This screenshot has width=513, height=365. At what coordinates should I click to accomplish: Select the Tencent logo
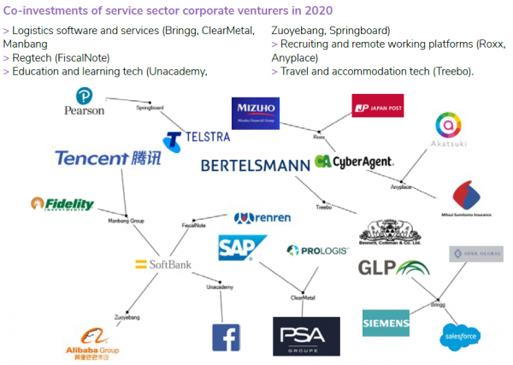[106, 158]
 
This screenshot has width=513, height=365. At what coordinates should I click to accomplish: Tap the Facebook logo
[226, 337]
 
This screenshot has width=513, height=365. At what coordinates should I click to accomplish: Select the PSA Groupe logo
[305, 336]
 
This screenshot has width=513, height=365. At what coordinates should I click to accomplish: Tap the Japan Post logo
[377, 106]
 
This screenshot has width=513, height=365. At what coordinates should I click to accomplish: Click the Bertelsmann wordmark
[256, 164]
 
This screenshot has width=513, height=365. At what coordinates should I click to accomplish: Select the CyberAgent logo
[353, 161]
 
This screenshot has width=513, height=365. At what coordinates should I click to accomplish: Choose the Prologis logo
[317, 250]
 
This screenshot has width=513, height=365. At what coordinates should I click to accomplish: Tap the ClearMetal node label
[304, 298]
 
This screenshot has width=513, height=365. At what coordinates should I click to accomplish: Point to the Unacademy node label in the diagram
[220, 287]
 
